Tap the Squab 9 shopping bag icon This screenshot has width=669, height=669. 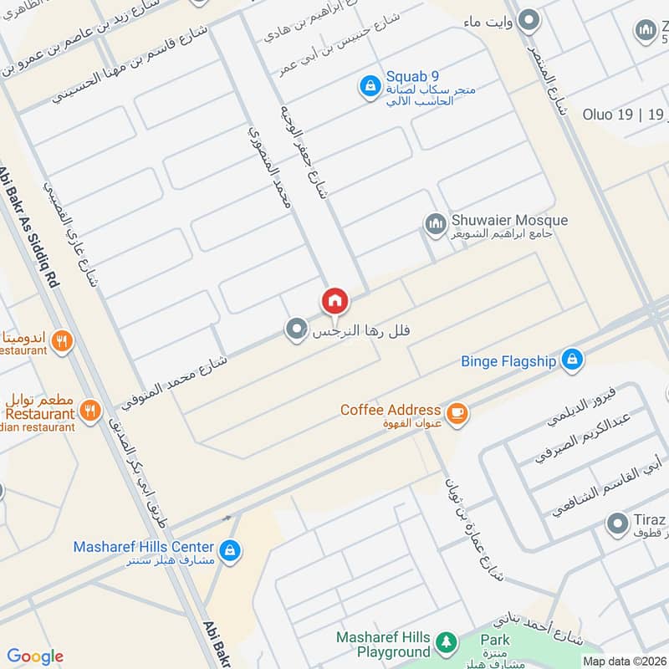[x=368, y=85]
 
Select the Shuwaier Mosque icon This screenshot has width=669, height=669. [x=434, y=223]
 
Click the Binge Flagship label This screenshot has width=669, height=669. [x=508, y=362]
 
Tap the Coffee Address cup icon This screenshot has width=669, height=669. [x=456, y=412]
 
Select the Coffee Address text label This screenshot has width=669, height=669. [x=390, y=410]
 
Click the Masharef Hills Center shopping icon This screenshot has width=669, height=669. [x=232, y=550]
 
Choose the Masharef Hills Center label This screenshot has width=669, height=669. [x=143, y=547]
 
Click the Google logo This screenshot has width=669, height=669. [x=35, y=656]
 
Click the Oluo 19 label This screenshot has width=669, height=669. [x=610, y=115]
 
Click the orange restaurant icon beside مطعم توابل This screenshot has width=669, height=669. [x=91, y=410]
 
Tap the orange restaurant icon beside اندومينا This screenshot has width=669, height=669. [x=60, y=340]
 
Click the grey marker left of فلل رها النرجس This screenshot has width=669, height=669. [x=294, y=330]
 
